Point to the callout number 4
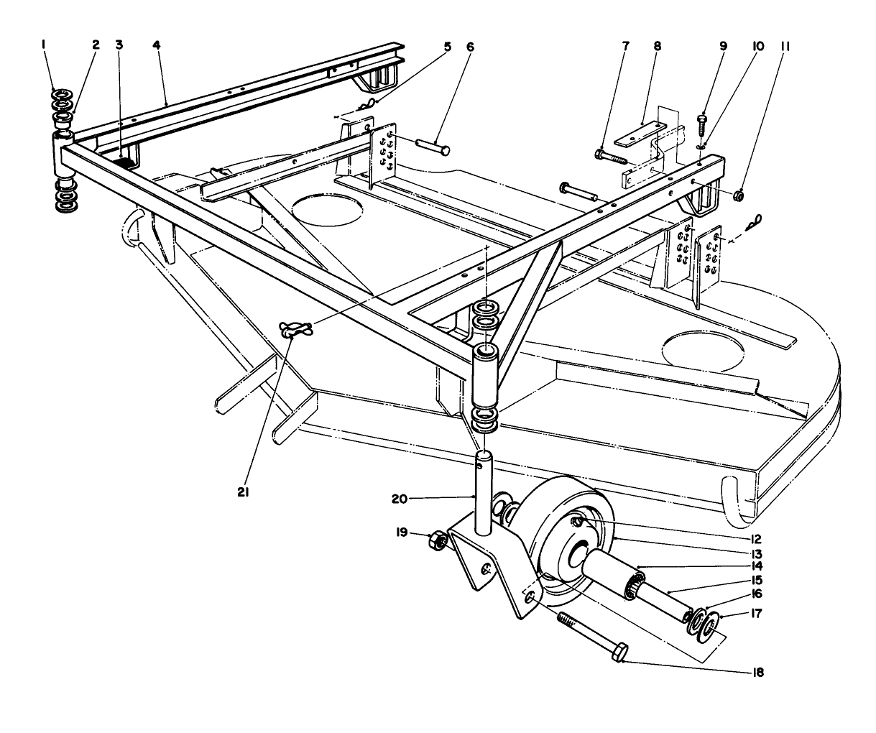[x=157, y=45]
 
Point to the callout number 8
[x=656, y=45]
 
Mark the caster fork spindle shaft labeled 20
[x=483, y=496]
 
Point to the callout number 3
[x=119, y=45]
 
